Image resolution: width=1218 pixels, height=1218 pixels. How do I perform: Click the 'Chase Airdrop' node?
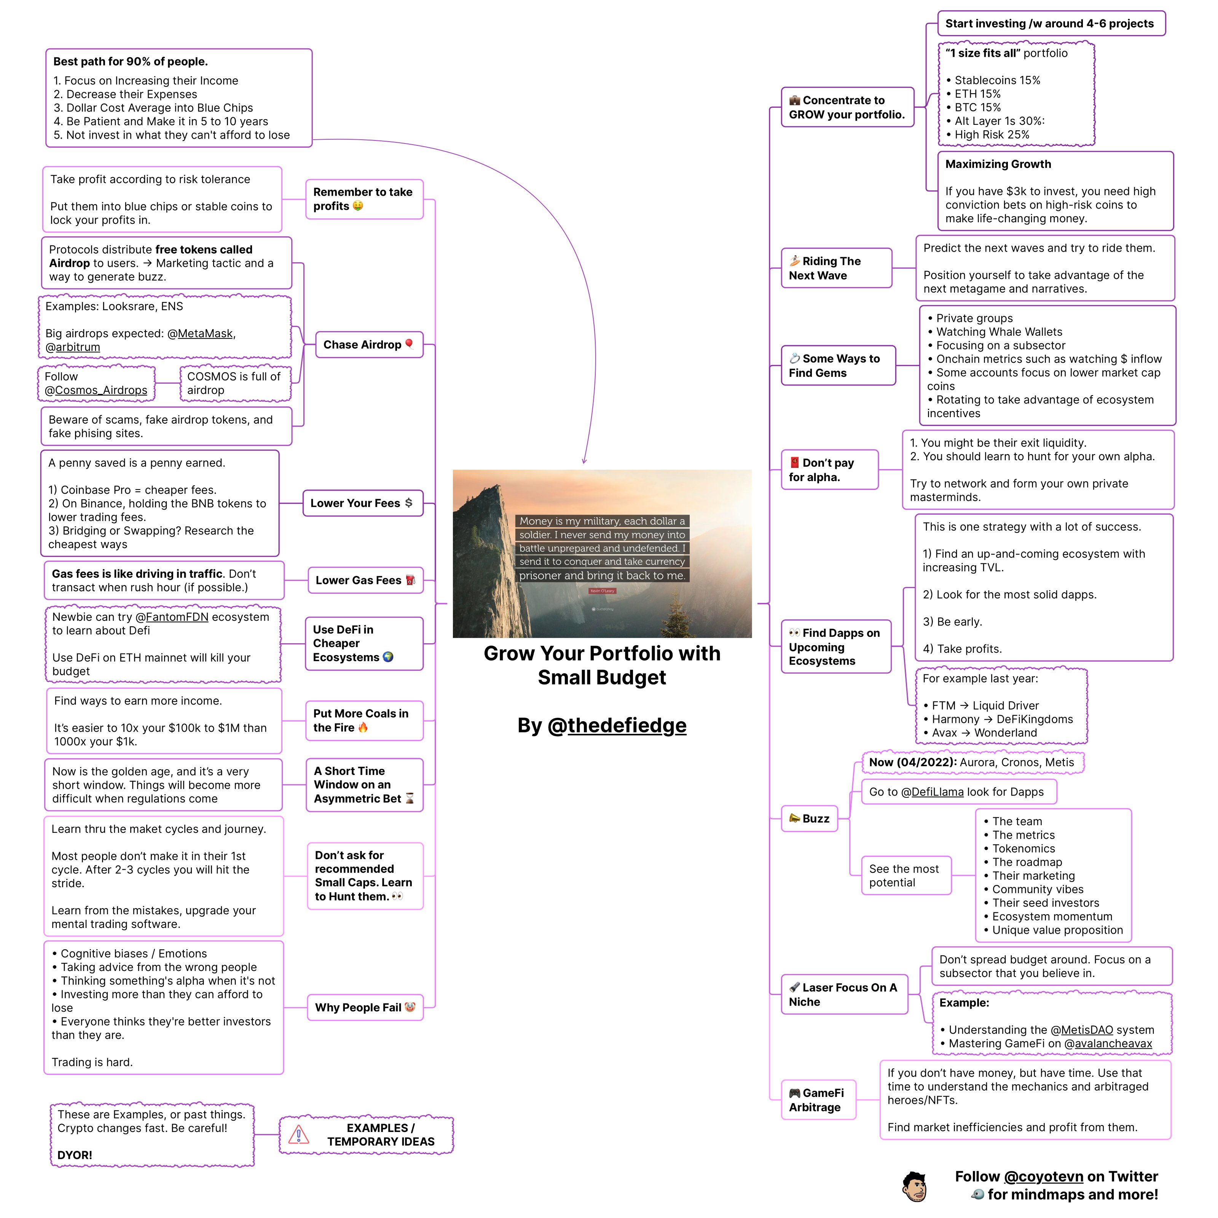click(x=369, y=345)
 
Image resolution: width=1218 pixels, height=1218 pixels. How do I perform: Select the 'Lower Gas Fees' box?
click(x=364, y=580)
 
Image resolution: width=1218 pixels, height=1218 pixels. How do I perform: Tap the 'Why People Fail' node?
click(x=364, y=1008)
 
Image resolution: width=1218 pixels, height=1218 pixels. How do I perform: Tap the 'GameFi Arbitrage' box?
click(x=818, y=1100)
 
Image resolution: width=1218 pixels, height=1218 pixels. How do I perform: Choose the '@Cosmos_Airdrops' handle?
click(x=96, y=390)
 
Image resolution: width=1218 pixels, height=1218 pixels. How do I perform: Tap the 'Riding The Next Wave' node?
click(x=836, y=268)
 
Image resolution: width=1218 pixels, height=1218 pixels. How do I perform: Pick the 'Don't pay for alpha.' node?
click(x=829, y=470)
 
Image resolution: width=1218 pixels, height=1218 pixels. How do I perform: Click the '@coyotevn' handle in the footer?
click(x=1043, y=1177)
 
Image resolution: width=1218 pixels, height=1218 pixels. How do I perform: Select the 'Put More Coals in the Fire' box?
click(x=364, y=721)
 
